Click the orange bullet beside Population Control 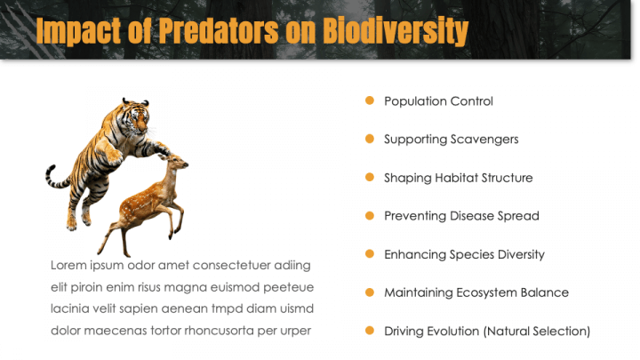[x=370, y=100]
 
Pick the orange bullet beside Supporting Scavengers [x=370, y=139]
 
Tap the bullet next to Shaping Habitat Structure [x=370, y=177]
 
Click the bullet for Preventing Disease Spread [x=370, y=215]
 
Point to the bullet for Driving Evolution [x=370, y=331]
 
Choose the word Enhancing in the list [x=412, y=254]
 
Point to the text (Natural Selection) [x=536, y=332]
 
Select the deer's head [x=178, y=163]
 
